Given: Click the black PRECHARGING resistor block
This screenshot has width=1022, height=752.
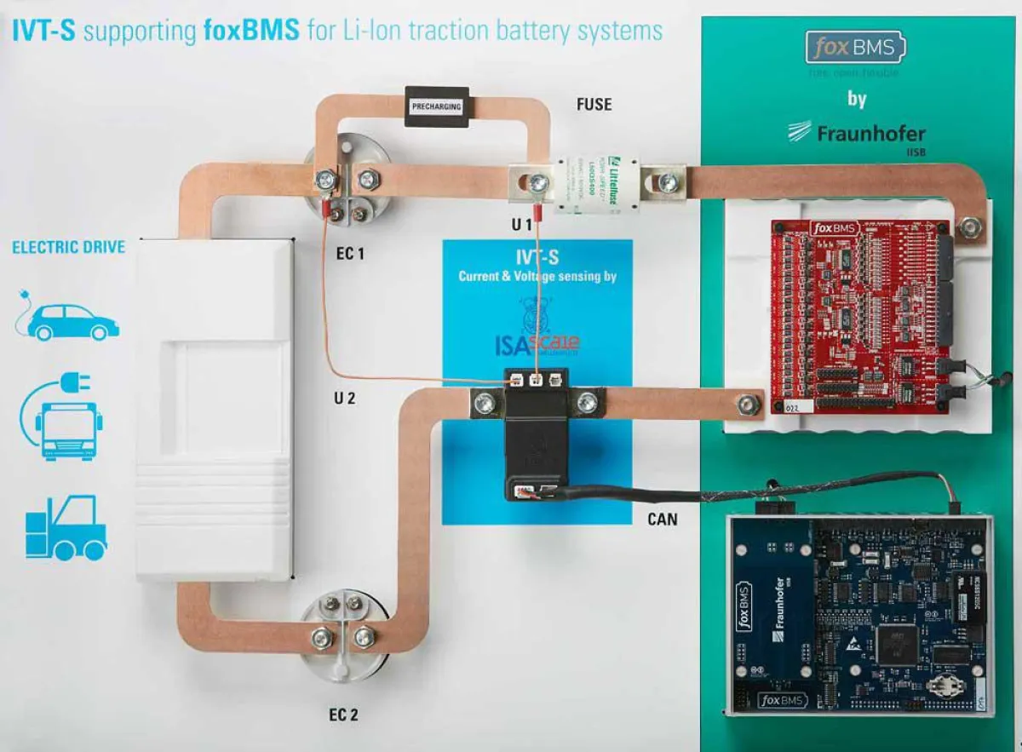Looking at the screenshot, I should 437,106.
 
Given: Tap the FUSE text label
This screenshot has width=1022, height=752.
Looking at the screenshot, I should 594,104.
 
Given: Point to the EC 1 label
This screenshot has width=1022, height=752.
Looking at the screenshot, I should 349,253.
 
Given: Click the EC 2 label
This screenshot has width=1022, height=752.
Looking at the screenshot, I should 343,714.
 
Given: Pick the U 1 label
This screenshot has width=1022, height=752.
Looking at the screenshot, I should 521,226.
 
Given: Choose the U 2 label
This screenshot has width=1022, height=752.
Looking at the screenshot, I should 343,398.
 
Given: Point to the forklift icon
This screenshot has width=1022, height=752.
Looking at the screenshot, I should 66,528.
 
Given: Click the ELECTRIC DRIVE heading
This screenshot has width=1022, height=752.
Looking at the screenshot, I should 68,248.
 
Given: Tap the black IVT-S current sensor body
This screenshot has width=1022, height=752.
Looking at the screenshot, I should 535,447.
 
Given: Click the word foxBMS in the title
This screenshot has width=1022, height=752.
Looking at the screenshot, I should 251,32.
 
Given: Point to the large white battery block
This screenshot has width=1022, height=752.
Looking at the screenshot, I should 214,409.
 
